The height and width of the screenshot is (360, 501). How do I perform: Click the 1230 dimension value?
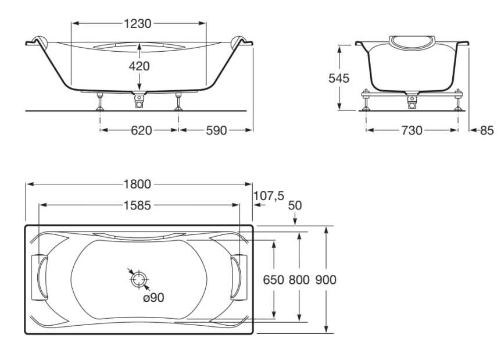click(x=138, y=23)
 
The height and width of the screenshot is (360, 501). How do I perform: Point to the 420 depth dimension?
click(x=139, y=66)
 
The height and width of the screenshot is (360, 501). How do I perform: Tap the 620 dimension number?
click(x=141, y=130)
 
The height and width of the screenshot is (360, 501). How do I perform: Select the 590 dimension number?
click(x=216, y=130)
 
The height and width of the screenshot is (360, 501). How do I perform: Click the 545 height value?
click(x=339, y=78)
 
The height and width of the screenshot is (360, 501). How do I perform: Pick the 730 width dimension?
click(x=412, y=130)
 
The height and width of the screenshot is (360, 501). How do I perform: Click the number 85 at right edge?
click(x=487, y=130)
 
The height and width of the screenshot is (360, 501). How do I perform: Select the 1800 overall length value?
click(x=137, y=184)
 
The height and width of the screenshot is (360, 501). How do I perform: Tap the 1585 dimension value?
click(x=137, y=205)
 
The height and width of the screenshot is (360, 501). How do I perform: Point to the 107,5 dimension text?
click(x=269, y=195)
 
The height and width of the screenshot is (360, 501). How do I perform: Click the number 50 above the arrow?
click(x=295, y=205)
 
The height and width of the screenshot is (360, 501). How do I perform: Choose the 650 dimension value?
click(x=274, y=280)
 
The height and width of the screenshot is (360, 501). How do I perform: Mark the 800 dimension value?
click(x=299, y=280)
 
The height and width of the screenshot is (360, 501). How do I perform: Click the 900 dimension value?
click(x=326, y=280)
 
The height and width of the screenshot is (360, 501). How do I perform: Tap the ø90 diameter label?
click(x=153, y=298)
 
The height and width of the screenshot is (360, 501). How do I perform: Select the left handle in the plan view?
click(x=39, y=277)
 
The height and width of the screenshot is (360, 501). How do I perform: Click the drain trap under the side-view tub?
click(x=139, y=99)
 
